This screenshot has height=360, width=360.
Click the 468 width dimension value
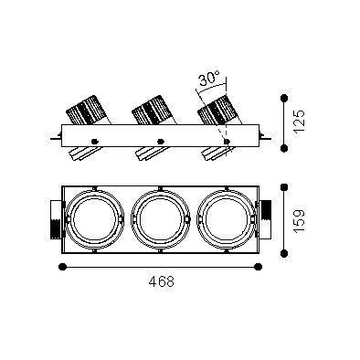click(162, 281)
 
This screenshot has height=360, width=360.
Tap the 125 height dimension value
click(299, 121)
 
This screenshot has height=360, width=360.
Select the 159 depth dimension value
click(299, 220)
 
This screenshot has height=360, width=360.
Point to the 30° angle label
click(209, 79)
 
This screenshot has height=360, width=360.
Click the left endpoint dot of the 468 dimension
click(62, 267)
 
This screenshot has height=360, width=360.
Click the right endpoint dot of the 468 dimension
click(259, 267)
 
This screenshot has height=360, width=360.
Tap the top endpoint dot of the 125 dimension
click(284, 98)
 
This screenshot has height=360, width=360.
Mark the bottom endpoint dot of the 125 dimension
click(284, 148)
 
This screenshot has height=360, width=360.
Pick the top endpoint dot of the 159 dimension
click(284, 187)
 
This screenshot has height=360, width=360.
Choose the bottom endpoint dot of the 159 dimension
click(284, 253)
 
